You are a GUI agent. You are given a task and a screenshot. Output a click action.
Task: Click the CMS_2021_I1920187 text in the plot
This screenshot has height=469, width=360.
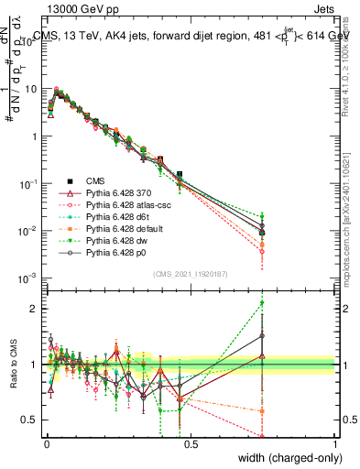click(191, 274)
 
